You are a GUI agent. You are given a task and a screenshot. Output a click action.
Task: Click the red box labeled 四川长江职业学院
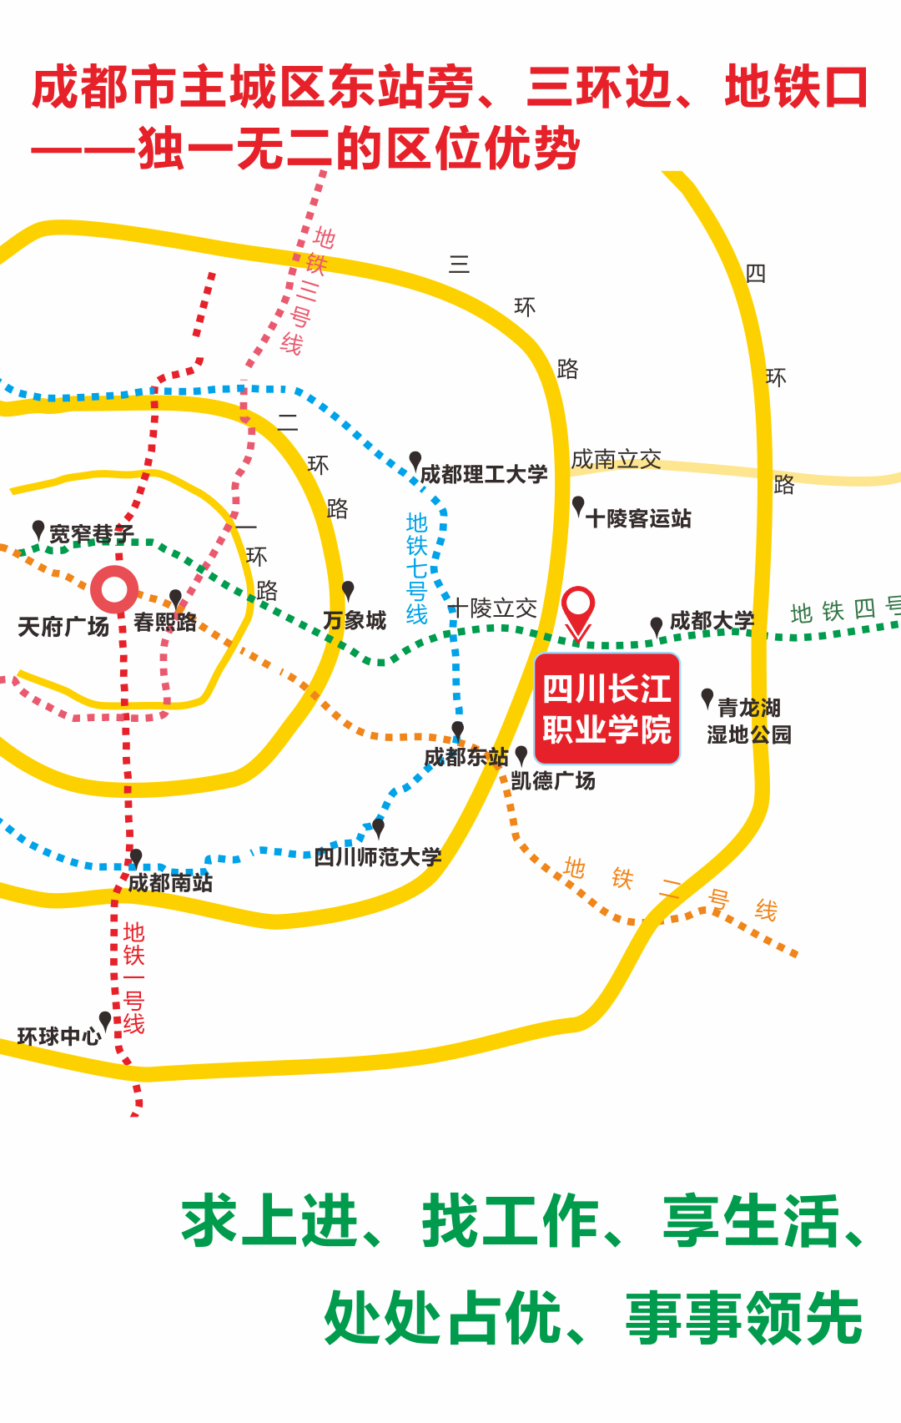[607, 709]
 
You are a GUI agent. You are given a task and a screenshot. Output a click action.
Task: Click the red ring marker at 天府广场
[114, 589]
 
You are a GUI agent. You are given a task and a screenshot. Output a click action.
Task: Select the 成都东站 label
[466, 757]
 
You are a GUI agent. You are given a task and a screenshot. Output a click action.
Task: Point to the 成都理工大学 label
[484, 475]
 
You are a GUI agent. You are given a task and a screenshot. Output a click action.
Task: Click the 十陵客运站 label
[638, 518]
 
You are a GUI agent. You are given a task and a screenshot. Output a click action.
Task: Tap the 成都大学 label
[712, 621]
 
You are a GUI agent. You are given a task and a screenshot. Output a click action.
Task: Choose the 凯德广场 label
[553, 781]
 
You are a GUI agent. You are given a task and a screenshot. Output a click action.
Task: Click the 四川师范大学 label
[378, 857]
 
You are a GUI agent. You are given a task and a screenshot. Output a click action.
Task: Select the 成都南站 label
[170, 883]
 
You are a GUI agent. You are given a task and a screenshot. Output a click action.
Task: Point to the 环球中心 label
[59, 1037]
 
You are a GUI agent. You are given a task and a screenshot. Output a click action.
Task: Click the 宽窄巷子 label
[91, 534]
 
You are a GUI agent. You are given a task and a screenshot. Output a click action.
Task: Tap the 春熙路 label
[165, 623]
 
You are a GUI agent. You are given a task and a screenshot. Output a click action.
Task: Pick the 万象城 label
[355, 621]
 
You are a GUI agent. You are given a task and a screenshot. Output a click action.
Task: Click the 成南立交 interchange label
[616, 459]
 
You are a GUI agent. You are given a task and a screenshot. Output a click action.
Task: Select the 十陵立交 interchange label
[493, 608]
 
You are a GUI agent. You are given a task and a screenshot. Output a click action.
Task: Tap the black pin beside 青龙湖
[707, 698]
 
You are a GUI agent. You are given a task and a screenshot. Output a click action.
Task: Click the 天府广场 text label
[63, 627]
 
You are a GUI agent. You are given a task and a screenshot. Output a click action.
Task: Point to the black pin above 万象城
[348, 590]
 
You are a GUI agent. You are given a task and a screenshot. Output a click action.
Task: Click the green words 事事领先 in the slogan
[744, 1318]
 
